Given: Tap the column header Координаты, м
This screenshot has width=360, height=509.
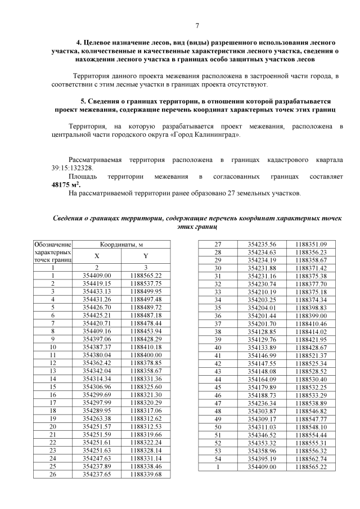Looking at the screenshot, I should pyautogui.click(x=123, y=245).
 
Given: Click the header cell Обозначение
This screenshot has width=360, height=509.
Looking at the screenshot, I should pyautogui.click(x=53, y=245).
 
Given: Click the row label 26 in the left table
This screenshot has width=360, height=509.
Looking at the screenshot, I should pyautogui.click(x=53, y=475).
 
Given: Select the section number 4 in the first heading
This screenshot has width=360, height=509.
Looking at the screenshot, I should pyautogui.click(x=78, y=43).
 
